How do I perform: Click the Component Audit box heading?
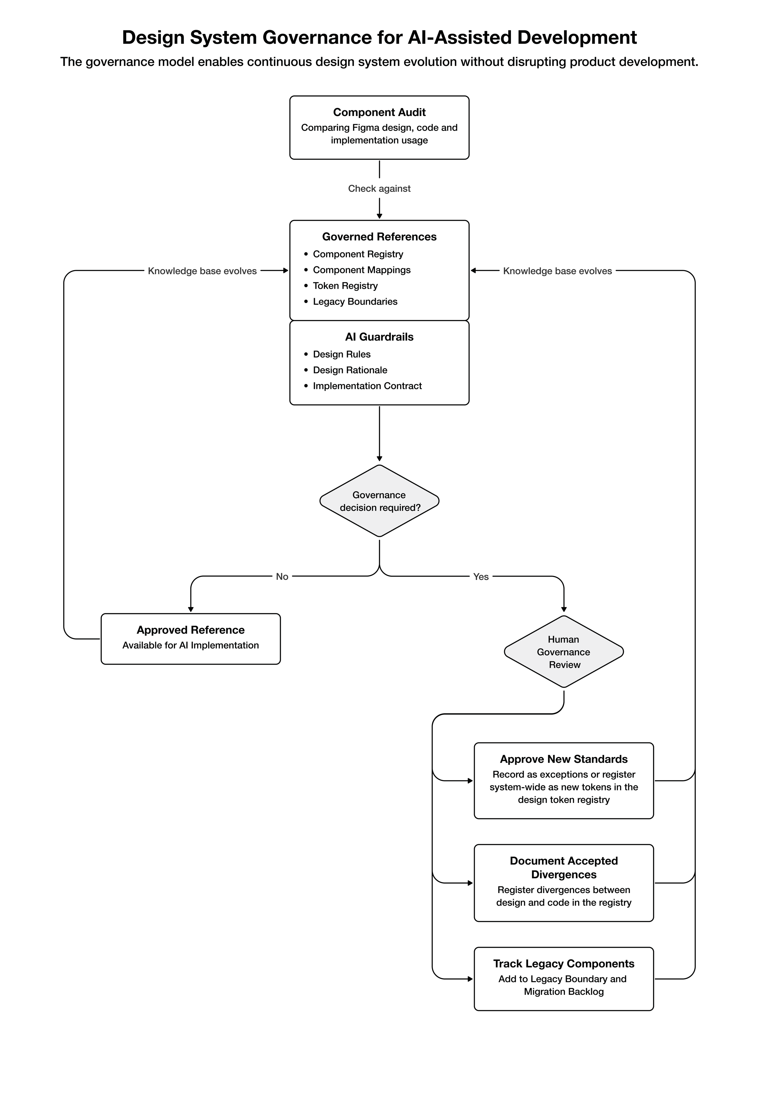[379, 112]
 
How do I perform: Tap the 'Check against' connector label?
[379, 189]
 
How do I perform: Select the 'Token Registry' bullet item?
[345, 286]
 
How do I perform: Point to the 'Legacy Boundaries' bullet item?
[355, 302]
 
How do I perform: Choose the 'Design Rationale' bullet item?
[350, 370]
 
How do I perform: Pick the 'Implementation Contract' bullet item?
[367, 386]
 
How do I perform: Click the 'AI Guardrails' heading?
[379, 337]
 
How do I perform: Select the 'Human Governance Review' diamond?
[564, 652]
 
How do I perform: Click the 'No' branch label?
[282, 577]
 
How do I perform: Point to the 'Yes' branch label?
[481, 577]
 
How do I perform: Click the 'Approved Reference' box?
[190, 639]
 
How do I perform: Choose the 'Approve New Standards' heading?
[564, 759]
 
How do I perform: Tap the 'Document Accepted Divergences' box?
[564, 883]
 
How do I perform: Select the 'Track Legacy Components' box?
[564, 979]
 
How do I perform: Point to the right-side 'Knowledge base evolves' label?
[557, 271]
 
